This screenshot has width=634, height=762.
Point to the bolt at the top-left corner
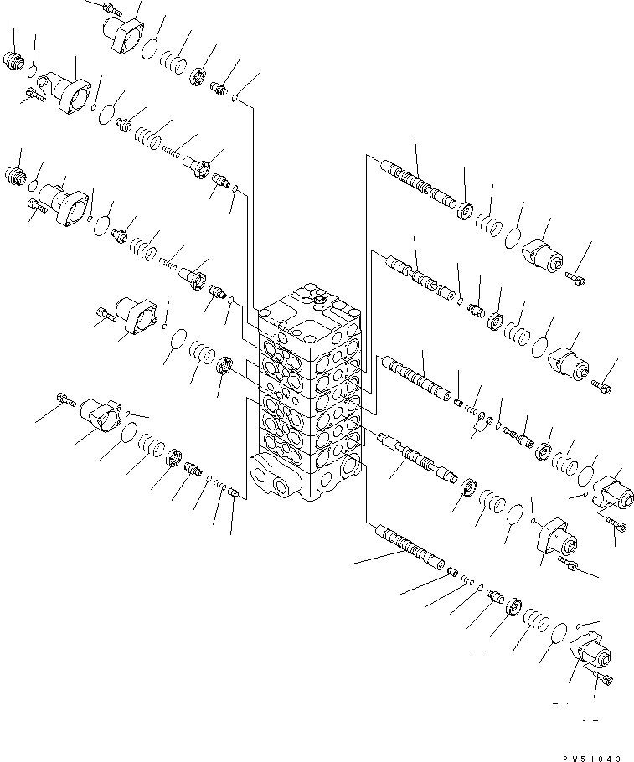coord(110,8)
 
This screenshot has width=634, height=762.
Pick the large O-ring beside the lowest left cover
coord(127,432)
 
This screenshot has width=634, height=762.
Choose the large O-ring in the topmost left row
coord(150,49)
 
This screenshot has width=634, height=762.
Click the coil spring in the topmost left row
coord(173,62)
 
